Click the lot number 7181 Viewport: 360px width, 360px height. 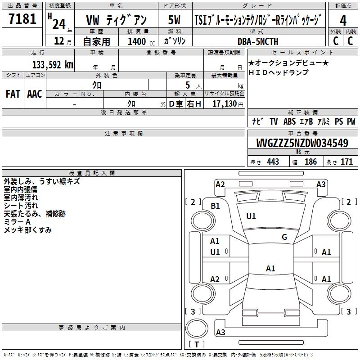22,19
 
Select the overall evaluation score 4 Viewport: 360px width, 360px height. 343,20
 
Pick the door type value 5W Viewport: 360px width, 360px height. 175,20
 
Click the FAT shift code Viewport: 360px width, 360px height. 13,94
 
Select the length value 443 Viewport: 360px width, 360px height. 273,162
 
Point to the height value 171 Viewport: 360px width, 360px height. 346,162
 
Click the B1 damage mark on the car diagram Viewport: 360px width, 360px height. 216,206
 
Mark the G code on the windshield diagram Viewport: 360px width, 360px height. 284,237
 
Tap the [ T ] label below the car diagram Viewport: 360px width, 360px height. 197,345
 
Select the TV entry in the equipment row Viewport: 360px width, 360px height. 274,121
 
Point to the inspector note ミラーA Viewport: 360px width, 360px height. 17,222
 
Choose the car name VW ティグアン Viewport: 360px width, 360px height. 116,20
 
